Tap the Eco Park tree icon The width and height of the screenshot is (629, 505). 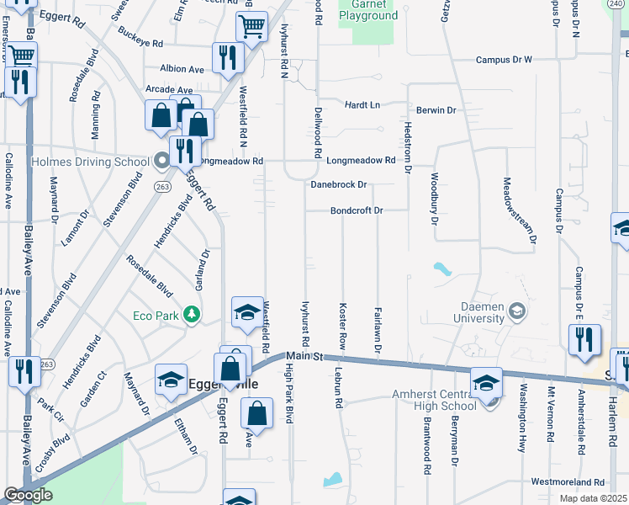[193, 315]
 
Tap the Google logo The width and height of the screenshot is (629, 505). [28, 495]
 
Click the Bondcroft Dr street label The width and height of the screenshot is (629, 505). [357, 210]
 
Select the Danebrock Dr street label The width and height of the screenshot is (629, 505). [339, 184]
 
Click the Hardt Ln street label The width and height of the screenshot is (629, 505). [362, 105]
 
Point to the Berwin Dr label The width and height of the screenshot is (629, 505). [436, 110]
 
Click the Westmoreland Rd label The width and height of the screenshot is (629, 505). [568, 482]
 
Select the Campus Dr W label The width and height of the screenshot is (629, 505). [505, 60]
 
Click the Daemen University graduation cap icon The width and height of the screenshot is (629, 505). [517, 312]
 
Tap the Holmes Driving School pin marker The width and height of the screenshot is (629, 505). [161, 159]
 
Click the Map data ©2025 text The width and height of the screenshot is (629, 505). [593, 498]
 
